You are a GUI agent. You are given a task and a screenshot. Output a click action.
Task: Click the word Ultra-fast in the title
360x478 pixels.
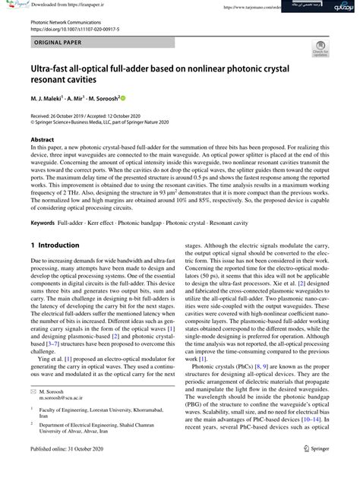[x=55, y=71]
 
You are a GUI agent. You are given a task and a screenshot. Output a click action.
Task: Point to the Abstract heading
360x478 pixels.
[x=42, y=141]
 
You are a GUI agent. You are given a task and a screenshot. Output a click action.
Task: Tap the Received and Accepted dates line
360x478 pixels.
[x=95, y=115]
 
